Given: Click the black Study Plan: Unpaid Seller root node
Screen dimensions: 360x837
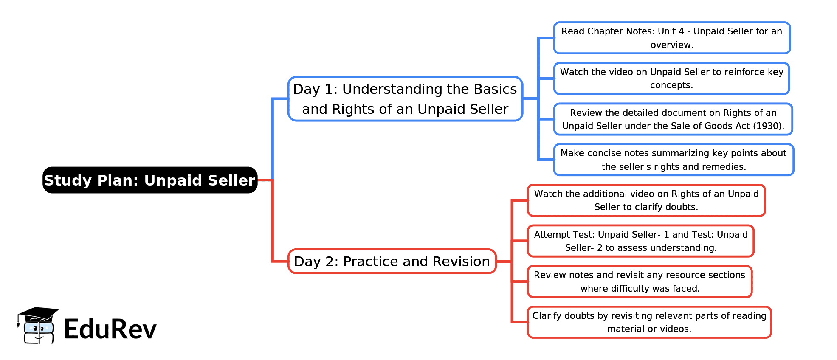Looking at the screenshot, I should point(150,180).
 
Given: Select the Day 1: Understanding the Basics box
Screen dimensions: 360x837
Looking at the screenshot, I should point(405,99).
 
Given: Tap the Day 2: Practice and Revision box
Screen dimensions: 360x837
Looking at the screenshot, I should point(392,262).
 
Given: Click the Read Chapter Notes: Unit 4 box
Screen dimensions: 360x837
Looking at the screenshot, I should point(672,38).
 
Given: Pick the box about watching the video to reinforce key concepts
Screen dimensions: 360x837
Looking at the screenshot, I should point(671,79).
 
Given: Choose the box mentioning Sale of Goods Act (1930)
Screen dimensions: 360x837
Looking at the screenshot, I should point(673,119).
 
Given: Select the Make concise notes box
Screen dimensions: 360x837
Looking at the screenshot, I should point(674,160).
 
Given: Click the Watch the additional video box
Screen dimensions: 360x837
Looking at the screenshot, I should point(646,200).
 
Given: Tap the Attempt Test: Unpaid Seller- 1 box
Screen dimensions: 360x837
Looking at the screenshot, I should point(640,241).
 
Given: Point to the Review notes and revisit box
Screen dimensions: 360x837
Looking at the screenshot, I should point(640,281).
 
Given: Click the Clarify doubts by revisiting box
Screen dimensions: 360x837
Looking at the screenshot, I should point(649,322).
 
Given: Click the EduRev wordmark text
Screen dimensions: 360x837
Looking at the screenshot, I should point(110,329).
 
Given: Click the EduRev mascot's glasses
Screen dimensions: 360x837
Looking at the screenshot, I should point(39,328).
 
